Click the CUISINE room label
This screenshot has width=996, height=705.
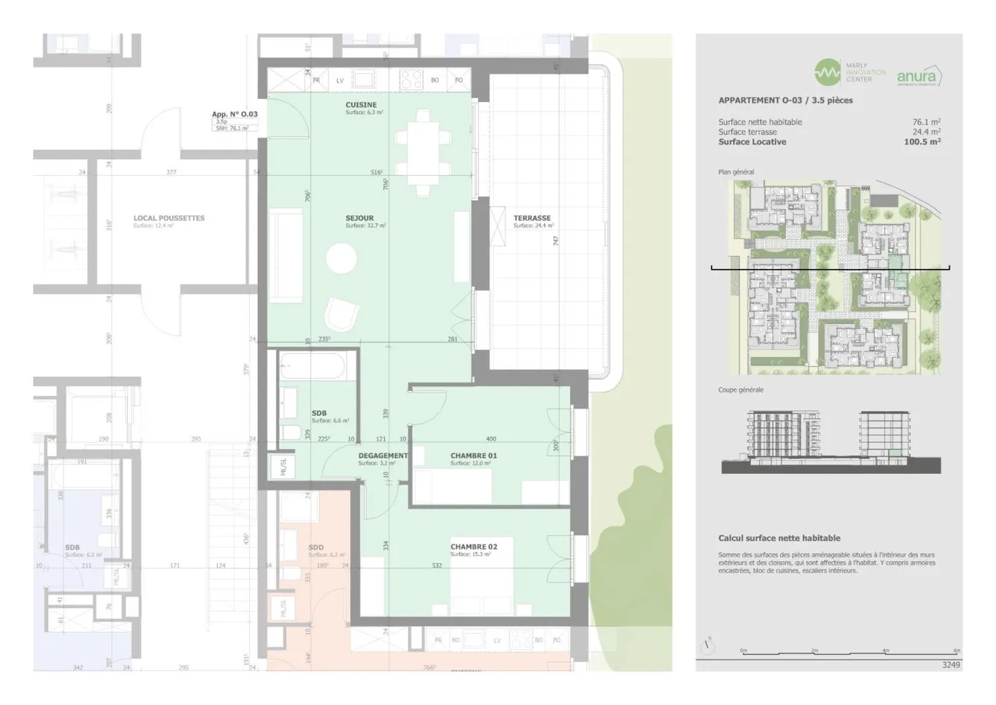coord(361,105)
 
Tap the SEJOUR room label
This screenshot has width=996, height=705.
coord(360,218)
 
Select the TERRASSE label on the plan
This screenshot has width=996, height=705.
coord(532,218)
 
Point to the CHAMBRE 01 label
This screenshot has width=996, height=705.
coord(473,455)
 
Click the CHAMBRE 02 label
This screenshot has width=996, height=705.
coord(473,547)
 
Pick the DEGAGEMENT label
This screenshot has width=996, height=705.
coord(382,455)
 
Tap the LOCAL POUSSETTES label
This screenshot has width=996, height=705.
coord(169,218)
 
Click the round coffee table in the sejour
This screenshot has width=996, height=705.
coord(341,259)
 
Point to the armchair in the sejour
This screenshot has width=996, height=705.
coord(342,315)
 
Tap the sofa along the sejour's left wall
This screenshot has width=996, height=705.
coord(285,256)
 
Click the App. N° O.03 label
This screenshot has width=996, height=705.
coord(234,114)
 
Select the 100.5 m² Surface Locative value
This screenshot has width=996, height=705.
coord(922,142)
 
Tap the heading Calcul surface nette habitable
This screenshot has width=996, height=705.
coord(779,538)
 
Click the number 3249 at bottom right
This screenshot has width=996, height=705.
coord(951,665)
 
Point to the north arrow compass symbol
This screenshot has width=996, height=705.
coord(707,646)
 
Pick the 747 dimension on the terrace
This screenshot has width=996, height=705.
coord(555,241)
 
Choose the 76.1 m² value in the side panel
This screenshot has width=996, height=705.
coord(926,122)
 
